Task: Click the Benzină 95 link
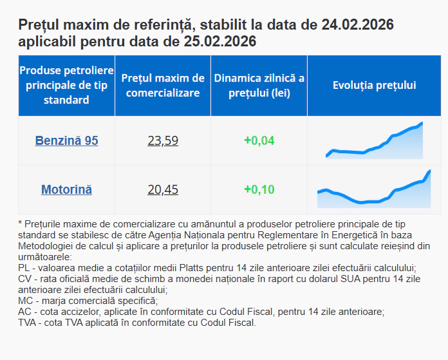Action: pyautogui.click(x=66, y=140)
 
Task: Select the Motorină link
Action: pyautogui.click(x=66, y=189)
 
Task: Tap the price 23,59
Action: pyautogui.click(x=163, y=140)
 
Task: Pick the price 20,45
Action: pyautogui.click(x=163, y=189)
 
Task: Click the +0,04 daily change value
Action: pyautogui.click(x=259, y=140)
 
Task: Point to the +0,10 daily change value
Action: pyautogui.click(x=259, y=189)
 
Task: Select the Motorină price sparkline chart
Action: pyautogui.click(x=374, y=190)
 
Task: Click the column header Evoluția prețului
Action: pyautogui.click(x=374, y=85)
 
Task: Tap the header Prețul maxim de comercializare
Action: pyautogui.click(x=163, y=85)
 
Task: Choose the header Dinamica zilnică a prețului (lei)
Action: pyautogui.click(x=259, y=85)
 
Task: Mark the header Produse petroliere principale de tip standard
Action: pyautogui.click(x=66, y=84)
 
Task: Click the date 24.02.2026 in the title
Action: pyautogui.click(x=357, y=25)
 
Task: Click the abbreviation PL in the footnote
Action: pyautogui.click(x=24, y=267)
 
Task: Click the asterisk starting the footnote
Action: pyautogui.click(x=21, y=223)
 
